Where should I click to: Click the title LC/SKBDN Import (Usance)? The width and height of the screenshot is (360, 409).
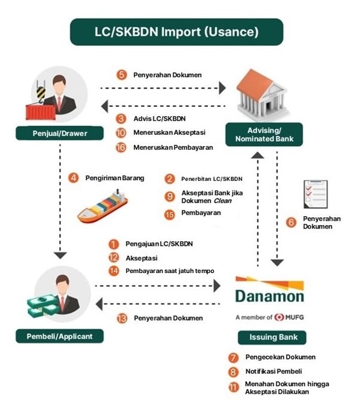tap(177, 32)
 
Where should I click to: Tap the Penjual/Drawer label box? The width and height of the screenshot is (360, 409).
tap(60, 133)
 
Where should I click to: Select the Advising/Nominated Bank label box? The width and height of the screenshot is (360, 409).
tap(264, 134)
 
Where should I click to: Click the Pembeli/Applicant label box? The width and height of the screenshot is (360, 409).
tap(60, 336)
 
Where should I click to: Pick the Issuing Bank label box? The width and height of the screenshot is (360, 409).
tap(272, 337)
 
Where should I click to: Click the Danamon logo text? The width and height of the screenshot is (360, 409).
tap(270, 296)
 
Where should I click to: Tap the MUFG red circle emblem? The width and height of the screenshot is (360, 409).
tap(279, 317)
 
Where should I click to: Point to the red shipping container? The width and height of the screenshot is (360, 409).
tap(41, 112)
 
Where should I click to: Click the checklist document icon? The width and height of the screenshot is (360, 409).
tap(316, 194)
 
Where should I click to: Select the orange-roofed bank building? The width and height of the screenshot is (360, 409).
tap(262, 94)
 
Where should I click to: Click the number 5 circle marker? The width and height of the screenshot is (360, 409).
tap(122, 75)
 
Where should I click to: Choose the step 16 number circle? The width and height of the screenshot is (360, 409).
tap(121, 147)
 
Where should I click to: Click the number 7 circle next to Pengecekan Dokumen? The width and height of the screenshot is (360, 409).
tap(233, 358)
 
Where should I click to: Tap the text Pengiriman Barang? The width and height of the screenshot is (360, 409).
tap(115, 178)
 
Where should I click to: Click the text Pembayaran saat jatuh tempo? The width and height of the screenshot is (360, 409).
tap(170, 271)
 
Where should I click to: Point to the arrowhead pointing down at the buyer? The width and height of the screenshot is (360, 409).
tap(60, 255)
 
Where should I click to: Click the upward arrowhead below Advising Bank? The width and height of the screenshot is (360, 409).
tap(258, 155)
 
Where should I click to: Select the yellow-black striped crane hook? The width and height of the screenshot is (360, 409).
tap(41, 93)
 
